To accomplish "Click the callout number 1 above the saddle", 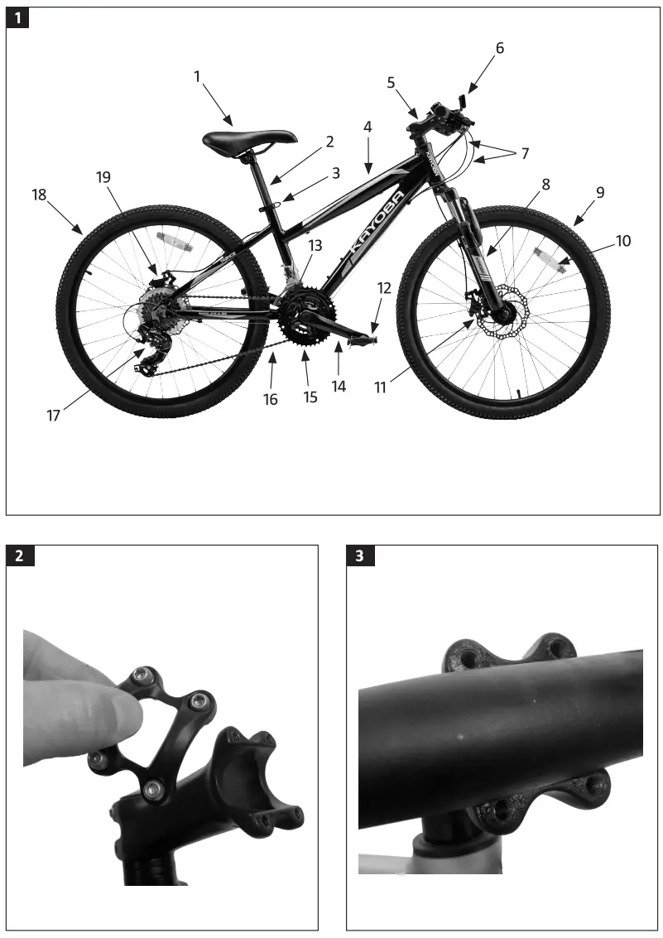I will pyautogui.click(x=197, y=76).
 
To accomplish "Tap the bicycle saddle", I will pyautogui.click(x=249, y=138).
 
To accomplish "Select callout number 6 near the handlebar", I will pyautogui.click(x=499, y=48).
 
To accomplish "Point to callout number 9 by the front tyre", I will pyautogui.click(x=600, y=192).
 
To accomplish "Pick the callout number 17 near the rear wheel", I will pyautogui.click(x=53, y=416).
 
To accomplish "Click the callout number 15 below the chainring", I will pyautogui.click(x=310, y=397).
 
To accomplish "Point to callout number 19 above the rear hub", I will pyautogui.click(x=103, y=177).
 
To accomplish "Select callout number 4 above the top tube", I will pyautogui.click(x=368, y=127).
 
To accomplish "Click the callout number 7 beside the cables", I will pyautogui.click(x=524, y=154).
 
